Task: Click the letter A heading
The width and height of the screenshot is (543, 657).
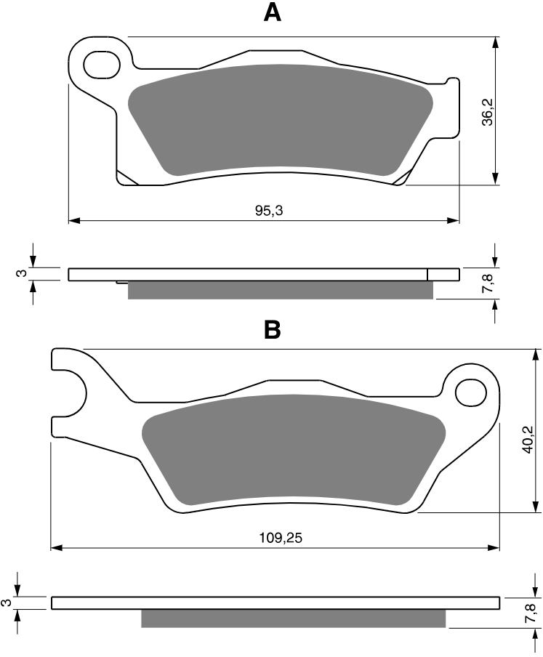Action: click(273, 12)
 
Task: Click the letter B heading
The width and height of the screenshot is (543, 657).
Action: click(273, 330)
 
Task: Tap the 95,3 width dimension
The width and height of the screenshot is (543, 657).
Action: click(269, 210)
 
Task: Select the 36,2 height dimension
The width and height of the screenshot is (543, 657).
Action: click(488, 113)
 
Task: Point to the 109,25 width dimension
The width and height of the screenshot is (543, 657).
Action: click(281, 538)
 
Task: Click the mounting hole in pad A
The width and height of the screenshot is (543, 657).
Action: click(102, 65)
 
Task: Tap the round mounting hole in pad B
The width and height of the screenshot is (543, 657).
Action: click(471, 392)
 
